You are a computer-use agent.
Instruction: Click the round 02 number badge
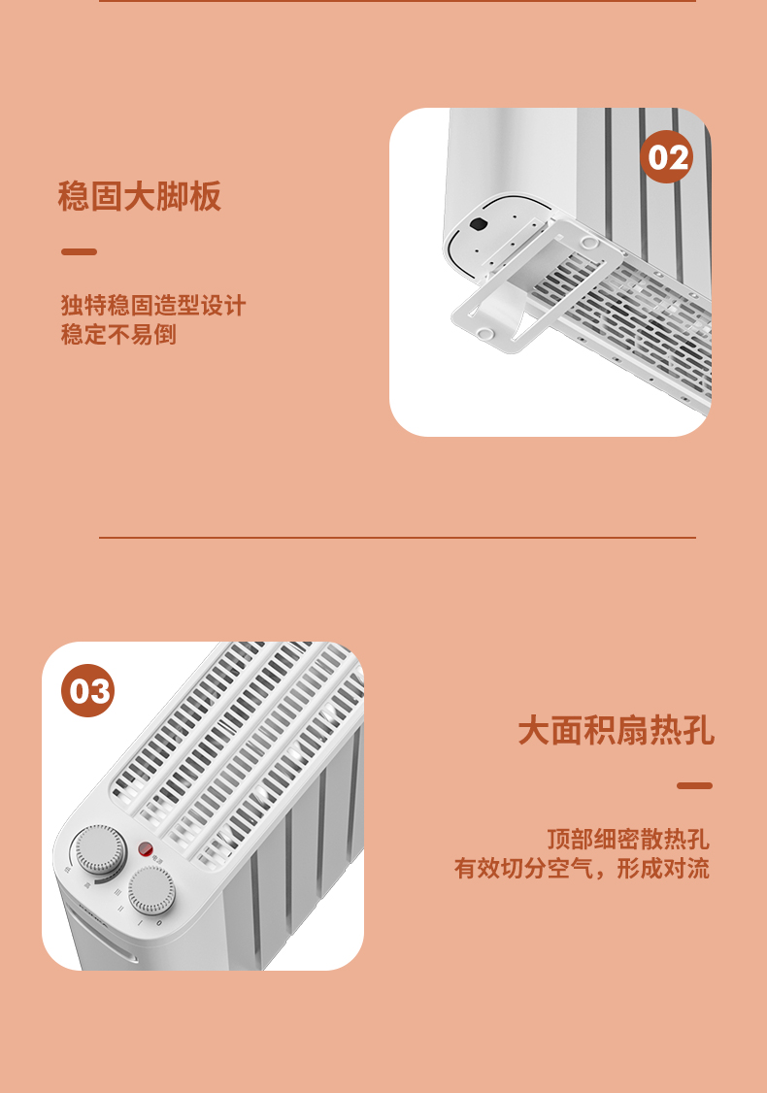click(667, 157)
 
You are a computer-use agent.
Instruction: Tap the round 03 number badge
click(87, 691)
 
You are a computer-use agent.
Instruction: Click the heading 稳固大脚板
click(140, 196)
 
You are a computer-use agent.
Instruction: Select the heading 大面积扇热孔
click(616, 731)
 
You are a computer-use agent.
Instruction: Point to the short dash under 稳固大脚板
click(79, 251)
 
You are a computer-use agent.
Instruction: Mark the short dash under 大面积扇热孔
click(694, 785)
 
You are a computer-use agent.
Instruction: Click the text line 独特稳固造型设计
click(153, 306)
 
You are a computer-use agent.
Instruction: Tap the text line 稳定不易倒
click(118, 335)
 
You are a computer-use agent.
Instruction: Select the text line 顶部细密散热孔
click(627, 840)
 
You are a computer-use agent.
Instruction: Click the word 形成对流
click(663, 869)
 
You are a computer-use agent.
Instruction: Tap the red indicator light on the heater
click(145, 849)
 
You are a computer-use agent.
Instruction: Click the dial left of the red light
click(100, 850)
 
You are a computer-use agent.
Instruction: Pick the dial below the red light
click(151, 890)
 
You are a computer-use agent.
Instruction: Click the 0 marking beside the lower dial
click(159, 923)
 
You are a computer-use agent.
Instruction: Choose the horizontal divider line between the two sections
click(397, 538)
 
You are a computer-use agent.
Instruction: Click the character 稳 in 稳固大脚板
click(74, 196)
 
